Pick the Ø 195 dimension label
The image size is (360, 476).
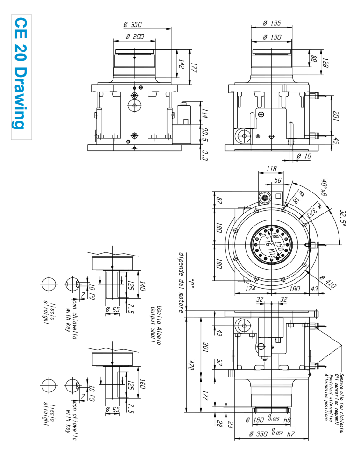(x=271, y=23)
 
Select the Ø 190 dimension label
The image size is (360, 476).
(x=271, y=36)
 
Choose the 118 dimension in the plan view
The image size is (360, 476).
(x=271, y=169)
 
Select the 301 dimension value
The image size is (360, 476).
(x=205, y=347)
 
